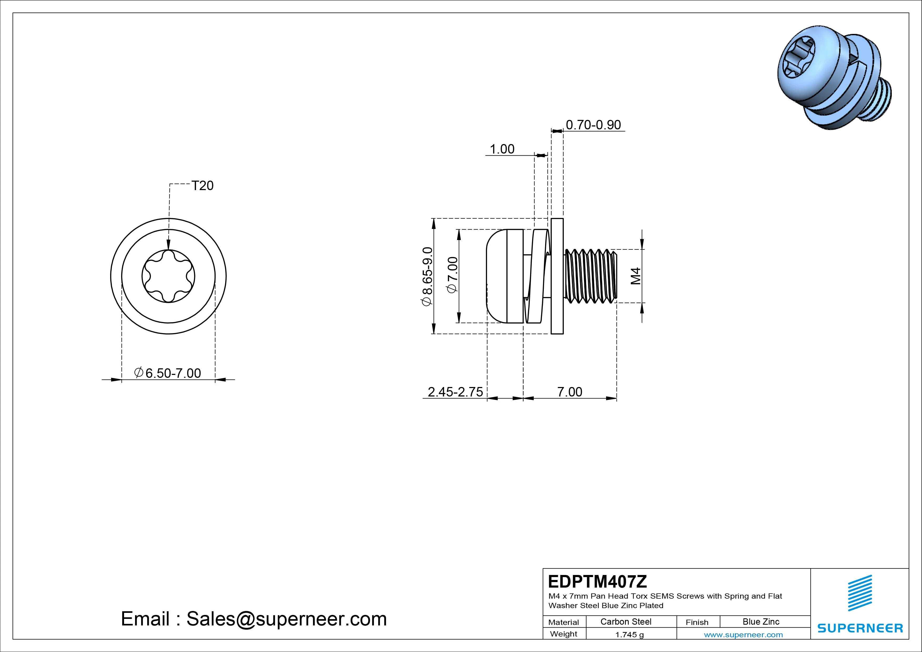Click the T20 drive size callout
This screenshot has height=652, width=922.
point(202,186)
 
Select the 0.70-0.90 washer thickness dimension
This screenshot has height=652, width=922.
point(593,125)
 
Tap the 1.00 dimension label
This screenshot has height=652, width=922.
point(502,149)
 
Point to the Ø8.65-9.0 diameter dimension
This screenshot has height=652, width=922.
point(427,276)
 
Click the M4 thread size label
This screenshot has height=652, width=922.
point(635,276)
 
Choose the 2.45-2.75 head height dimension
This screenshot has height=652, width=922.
point(455,392)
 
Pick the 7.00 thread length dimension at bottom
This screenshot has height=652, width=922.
point(570,392)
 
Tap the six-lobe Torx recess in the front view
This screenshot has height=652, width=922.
point(168,276)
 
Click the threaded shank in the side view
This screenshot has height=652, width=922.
point(590,276)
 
